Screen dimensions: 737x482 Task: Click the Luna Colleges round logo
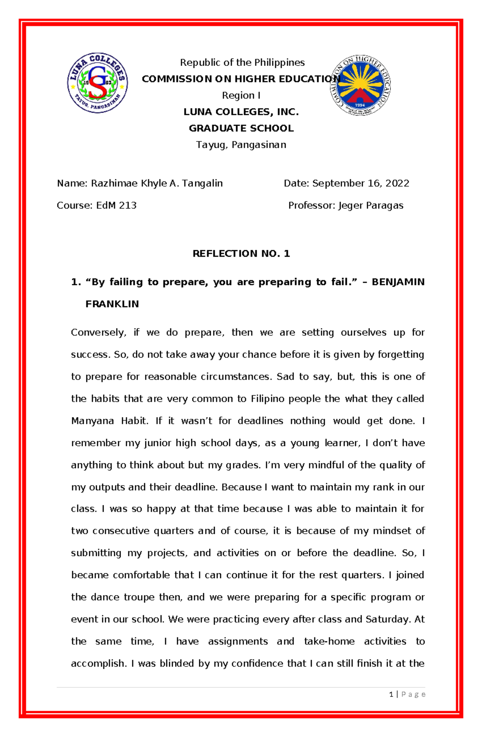coord(98,83)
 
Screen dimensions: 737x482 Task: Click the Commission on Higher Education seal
coord(360,86)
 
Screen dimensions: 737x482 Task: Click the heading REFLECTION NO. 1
coord(241,253)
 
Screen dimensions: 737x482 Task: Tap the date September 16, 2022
coord(361,184)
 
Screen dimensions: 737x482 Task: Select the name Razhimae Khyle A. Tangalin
coord(157,184)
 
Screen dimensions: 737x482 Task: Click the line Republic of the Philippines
coord(242,63)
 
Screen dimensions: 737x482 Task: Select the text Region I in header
coord(241,96)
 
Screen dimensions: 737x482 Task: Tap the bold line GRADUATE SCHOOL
coord(241,129)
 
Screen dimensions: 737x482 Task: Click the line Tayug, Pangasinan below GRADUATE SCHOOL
coord(241,145)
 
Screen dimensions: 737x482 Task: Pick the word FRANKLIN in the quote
coord(112,304)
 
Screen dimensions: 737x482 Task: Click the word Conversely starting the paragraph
coord(98,333)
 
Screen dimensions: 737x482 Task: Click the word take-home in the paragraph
coord(329,641)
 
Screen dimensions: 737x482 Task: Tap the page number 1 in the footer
coord(391,694)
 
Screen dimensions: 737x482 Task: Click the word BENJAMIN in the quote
coord(398,282)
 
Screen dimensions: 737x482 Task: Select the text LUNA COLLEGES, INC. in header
coord(241,112)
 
